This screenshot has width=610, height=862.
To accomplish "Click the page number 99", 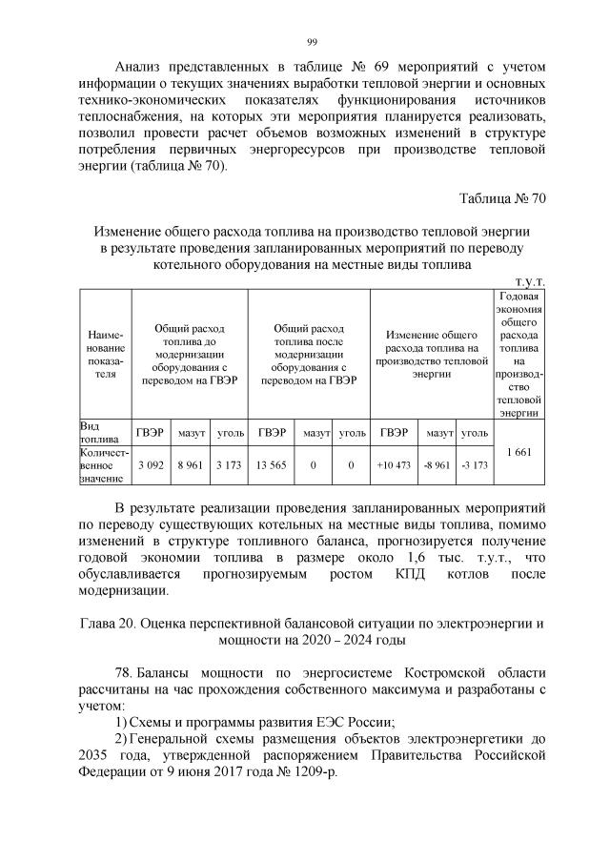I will pos(311,41).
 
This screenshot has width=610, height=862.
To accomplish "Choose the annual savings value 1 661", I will pos(519,450).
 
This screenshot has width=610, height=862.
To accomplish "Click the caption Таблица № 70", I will pos(501,198).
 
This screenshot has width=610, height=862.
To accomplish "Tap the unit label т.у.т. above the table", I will pos(529,282).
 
